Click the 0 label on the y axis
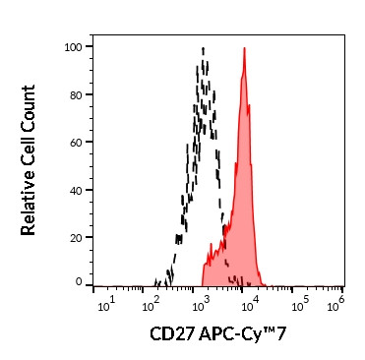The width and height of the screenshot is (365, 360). (x=78, y=283)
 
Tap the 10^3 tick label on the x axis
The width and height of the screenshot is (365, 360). (x=203, y=299)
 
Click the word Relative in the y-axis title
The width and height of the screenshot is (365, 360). (x=29, y=204)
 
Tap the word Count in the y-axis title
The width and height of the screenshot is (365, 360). (x=29, y=105)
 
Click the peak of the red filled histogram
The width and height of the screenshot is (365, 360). (x=243, y=47)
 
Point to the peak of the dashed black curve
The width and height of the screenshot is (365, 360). (x=203, y=47)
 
